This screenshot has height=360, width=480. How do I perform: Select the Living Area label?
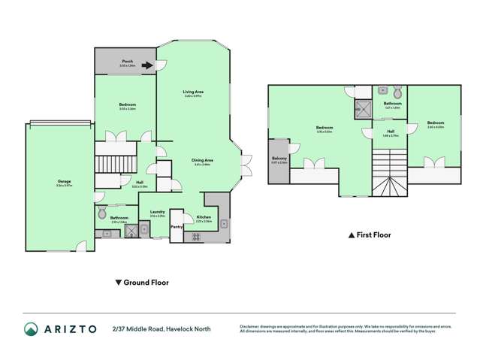coord(194,92)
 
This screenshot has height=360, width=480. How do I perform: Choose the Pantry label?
coord(177,226)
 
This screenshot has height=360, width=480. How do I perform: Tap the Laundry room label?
coord(157,212)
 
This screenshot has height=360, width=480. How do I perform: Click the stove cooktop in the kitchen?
coord(198,236)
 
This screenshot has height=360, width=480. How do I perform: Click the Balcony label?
coord(279,159)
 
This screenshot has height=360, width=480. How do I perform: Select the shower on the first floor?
coord(364,110)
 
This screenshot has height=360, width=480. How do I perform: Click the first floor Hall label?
coord(370,132)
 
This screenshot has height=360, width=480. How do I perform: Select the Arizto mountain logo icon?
coord(32,328)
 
